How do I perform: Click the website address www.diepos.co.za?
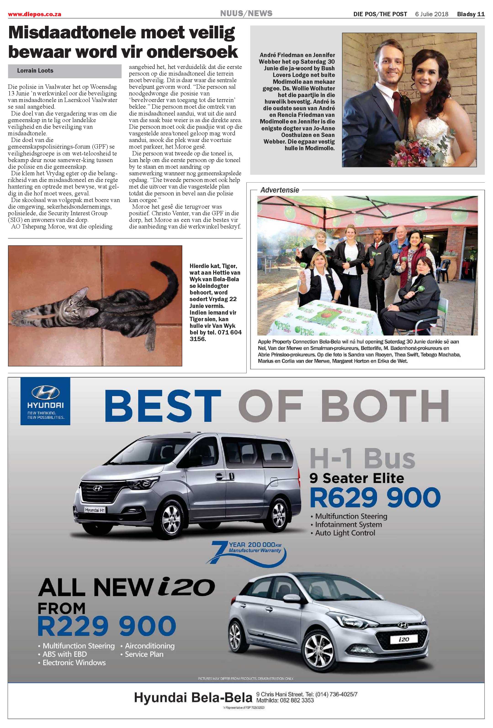coord(34,14)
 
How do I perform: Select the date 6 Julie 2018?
coord(432,14)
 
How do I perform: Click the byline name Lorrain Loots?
coord(35,71)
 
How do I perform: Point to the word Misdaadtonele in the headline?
coord(70,33)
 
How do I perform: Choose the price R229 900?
coord(106,626)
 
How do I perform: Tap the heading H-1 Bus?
coord(362,459)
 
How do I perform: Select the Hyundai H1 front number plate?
coord(95,510)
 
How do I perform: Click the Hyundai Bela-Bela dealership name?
coord(193,698)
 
